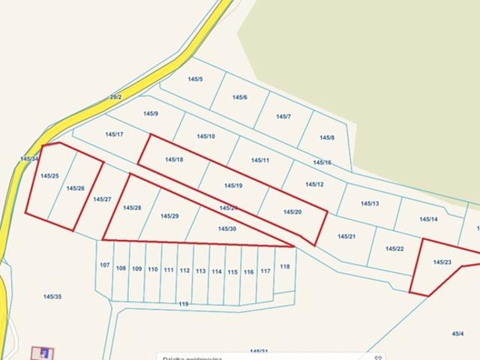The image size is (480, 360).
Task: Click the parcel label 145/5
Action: tap(194, 79)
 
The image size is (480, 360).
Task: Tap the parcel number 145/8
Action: tap(327, 138)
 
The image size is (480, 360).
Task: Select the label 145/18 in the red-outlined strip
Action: tap(174, 160)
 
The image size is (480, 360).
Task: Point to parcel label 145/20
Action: tap(292, 212)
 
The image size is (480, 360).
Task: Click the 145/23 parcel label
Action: tap(442, 262)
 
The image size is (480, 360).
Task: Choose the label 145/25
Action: tap(49, 176)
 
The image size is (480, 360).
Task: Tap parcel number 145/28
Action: tap(132, 208)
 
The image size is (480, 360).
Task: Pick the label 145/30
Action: tap(227, 229)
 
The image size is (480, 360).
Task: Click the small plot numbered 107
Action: tap(104, 265)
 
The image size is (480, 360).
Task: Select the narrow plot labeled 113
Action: tap(201, 271)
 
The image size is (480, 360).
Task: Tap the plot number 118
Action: tap(285, 267)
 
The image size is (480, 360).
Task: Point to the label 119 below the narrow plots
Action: tap(184, 304)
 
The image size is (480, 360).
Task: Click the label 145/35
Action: tap(52, 297)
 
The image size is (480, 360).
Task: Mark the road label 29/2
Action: tap(115, 97)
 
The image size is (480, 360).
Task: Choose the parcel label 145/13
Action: tap(370, 203)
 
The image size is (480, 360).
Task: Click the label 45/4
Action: tap(457, 334)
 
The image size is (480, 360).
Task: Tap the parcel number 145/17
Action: tap(114, 134)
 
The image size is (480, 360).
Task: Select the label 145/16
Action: tap(322, 163)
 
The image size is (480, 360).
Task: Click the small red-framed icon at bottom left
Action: tap(42, 352)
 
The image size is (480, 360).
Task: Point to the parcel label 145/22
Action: tap(394, 249)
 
